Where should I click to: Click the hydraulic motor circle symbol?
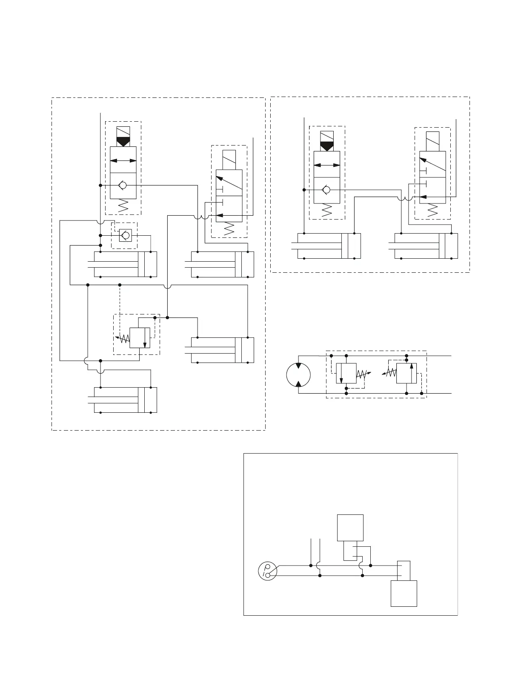[x=298, y=375]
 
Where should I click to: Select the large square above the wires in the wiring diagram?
[x=350, y=528]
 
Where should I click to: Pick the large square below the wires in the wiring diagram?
[x=404, y=593]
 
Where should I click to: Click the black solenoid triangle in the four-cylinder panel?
[x=123, y=142]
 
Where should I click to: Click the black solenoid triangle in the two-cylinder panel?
[x=327, y=146]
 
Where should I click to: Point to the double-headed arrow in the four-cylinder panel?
[x=123, y=160]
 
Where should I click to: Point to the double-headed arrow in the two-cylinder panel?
[x=327, y=165]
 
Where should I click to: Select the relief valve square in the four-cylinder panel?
[x=140, y=338]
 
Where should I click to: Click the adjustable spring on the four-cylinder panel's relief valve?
[x=123, y=339]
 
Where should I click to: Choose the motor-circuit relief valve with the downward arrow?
[x=346, y=373]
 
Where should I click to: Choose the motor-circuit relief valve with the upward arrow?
[x=406, y=373]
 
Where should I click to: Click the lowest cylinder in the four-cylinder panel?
[x=125, y=400]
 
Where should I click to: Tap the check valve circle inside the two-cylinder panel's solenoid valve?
[x=327, y=190]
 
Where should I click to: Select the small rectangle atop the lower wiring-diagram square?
[x=404, y=571]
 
